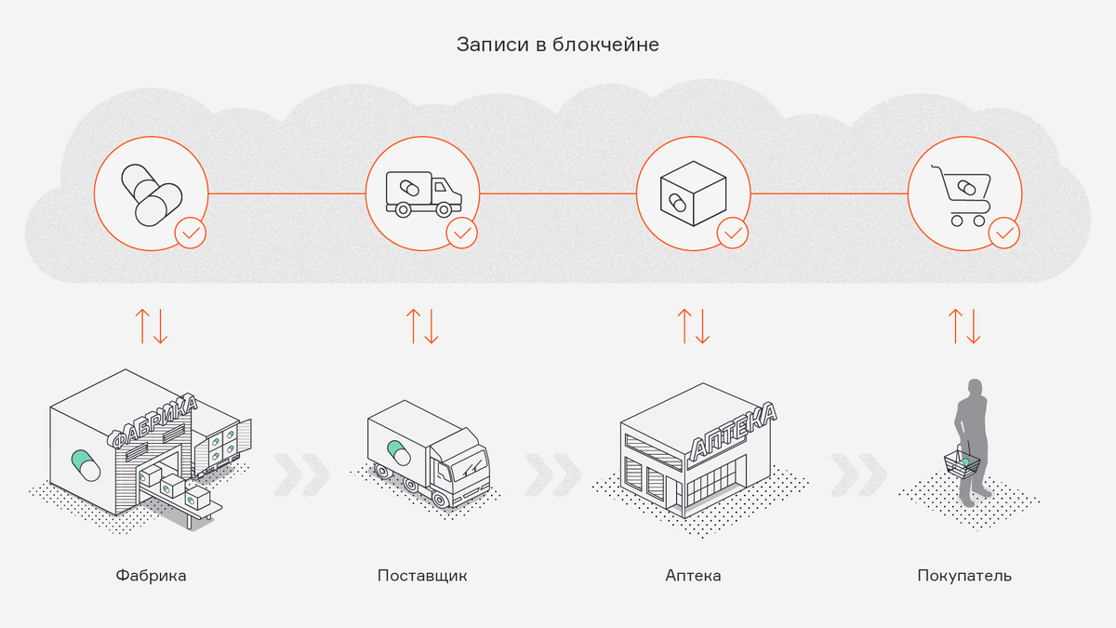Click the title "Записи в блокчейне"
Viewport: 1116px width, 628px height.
click(x=557, y=45)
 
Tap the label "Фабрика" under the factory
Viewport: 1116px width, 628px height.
click(x=152, y=575)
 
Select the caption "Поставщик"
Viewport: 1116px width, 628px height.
click(x=422, y=575)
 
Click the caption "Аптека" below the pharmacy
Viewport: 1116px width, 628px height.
click(x=693, y=575)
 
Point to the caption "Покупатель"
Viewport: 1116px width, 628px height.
click(x=963, y=575)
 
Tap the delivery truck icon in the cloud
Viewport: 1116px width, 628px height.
click(x=422, y=194)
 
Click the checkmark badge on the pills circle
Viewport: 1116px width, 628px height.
click(x=191, y=233)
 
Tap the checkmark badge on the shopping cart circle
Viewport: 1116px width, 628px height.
click(x=1003, y=233)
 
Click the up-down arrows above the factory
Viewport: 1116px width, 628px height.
click(x=152, y=324)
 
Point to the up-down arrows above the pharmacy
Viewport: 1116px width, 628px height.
click(x=693, y=324)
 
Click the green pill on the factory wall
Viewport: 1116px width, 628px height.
click(x=86, y=463)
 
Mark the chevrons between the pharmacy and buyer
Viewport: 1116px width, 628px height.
click(x=858, y=474)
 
